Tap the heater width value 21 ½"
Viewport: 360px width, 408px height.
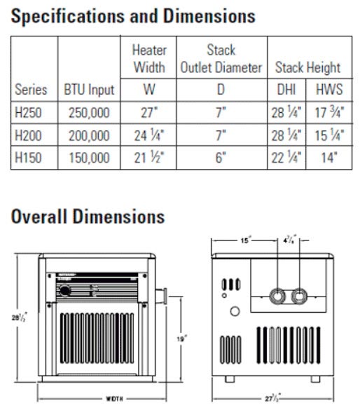tap(149, 158)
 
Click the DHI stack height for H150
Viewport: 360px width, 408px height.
tap(286, 158)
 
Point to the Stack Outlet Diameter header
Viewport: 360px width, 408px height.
tap(221, 60)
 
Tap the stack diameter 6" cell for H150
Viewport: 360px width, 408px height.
tap(221, 158)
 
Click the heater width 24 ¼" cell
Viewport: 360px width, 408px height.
tap(149, 135)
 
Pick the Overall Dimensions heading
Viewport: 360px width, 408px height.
tap(88, 215)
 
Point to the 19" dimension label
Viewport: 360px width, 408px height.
tap(181, 338)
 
